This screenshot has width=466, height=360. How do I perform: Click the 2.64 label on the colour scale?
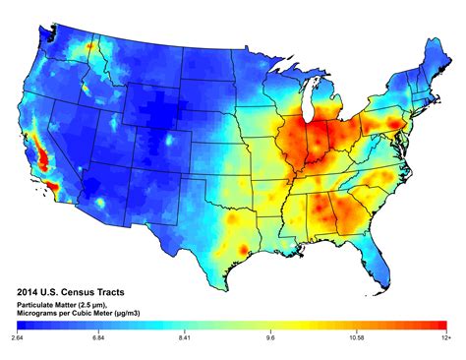pyautogui.click(x=18, y=337)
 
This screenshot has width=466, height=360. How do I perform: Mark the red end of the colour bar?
pyautogui.click(x=442, y=327)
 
